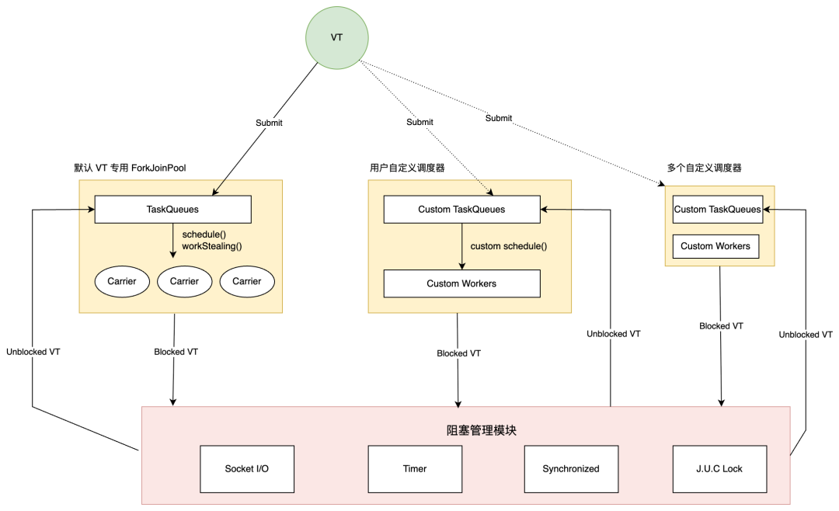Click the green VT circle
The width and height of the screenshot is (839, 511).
click(337, 36)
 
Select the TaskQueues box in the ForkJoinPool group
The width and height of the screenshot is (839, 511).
click(172, 209)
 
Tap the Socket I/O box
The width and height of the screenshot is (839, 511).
click(247, 468)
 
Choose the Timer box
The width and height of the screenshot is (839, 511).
click(415, 468)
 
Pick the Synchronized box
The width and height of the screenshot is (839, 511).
click(571, 468)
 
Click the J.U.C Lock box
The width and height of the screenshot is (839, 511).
click(720, 468)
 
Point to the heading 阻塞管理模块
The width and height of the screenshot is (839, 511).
click(465, 430)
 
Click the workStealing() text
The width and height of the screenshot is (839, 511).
click(212, 246)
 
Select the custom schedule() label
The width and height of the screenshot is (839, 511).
click(509, 246)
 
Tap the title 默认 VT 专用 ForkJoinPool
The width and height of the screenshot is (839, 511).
click(130, 168)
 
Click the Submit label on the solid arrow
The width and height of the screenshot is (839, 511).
click(269, 123)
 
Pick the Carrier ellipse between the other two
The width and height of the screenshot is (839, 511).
click(184, 281)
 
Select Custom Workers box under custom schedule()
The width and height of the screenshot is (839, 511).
click(461, 283)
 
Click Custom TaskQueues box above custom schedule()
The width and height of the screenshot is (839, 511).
click(461, 209)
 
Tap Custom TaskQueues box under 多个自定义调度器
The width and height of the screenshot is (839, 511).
click(717, 209)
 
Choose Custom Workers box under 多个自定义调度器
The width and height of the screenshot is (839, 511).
click(715, 246)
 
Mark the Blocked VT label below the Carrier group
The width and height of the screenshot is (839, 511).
click(176, 352)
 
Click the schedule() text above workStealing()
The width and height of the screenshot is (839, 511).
click(203, 234)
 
